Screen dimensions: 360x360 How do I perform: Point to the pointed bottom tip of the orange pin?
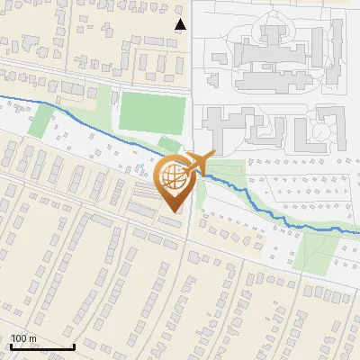coord(174,211)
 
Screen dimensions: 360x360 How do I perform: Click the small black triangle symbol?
coord(180,24)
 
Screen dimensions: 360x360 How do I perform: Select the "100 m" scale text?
coord(22,339)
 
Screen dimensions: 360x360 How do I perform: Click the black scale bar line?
coord(41,346)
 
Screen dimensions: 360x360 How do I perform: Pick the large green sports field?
coord(153,112)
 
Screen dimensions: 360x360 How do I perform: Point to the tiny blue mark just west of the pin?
coord(140,167)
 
